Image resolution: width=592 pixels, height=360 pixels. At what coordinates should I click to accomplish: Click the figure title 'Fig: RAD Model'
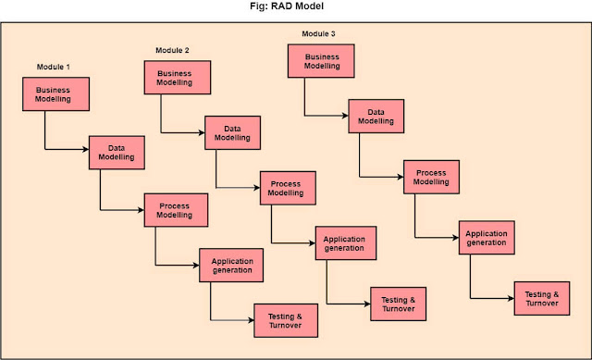tap(295, 8)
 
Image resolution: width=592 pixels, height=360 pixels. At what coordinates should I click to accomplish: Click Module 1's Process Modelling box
tap(176, 209)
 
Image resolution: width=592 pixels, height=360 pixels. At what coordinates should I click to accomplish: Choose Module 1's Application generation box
tap(231, 266)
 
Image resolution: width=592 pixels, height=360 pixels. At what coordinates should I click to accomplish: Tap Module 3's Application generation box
tap(487, 238)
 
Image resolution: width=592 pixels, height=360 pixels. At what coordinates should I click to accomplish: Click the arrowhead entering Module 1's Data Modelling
tap(85, 148)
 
